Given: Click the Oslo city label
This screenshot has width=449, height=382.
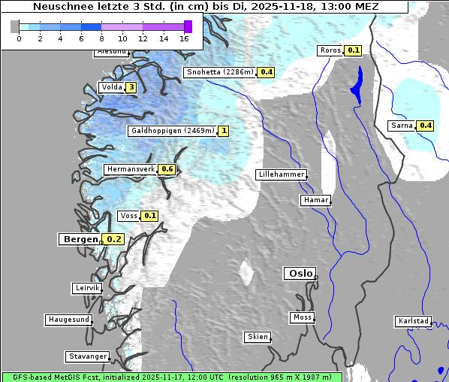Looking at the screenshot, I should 300,273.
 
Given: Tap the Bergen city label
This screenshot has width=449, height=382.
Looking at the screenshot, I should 79,239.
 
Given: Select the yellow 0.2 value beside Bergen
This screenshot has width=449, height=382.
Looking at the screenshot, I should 113,239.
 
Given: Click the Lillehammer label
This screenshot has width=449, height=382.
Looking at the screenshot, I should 282,174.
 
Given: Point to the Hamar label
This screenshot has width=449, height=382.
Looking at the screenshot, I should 315,200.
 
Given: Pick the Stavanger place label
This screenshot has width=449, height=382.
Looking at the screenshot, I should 87,356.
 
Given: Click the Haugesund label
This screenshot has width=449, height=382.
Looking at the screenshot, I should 68,320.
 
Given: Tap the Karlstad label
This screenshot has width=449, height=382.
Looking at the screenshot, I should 413,321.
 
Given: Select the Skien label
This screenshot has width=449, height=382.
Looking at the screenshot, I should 257,337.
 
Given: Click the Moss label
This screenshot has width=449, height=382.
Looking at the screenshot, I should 302,317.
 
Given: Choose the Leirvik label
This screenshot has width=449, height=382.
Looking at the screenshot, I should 86,288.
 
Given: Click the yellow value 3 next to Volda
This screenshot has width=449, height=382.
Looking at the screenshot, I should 131,87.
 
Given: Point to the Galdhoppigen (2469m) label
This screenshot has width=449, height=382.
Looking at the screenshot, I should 173,131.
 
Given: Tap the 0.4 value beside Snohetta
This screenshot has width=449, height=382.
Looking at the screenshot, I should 267,72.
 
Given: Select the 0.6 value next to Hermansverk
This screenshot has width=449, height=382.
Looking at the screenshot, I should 167,169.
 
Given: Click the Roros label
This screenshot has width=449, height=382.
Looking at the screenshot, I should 330,50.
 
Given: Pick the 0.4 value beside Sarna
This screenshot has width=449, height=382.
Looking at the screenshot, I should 426,125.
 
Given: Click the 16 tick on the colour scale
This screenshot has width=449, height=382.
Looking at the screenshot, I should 185,38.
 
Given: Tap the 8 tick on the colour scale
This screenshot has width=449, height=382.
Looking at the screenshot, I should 101,38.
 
